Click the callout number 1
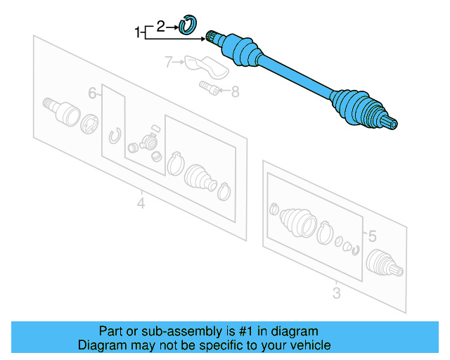coord(138,32)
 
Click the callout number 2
coord(161,27)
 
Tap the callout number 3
coord(336,292)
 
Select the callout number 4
coord(141,205)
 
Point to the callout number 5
coord(373,236)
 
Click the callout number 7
coord(169,63)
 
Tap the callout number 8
coord(235,90)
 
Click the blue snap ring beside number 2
coord(186,26)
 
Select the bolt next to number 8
coord(209,89)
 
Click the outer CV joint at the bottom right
coord(384,264)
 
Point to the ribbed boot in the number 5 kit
coord(296,222)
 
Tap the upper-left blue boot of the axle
coord(240,49)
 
